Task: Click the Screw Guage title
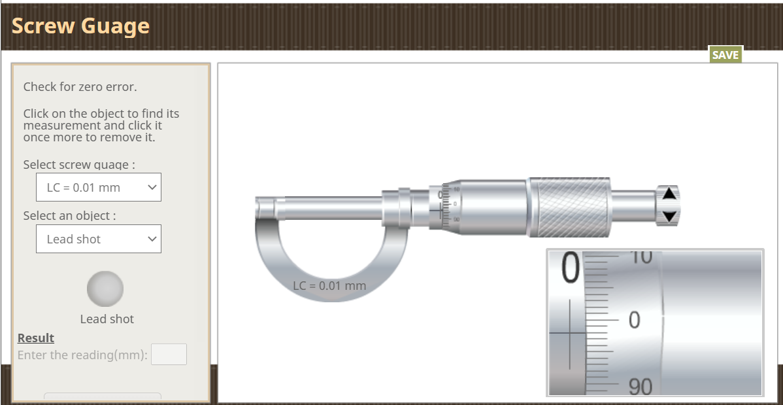[x=80, y=26]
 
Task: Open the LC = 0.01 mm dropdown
[x=99, y=187]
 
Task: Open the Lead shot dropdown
[x=99, y=239]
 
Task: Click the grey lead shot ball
[x=105, y=289]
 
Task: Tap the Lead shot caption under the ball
[x=107, y=319]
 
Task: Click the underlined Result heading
[x=36, y=338]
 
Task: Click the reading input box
[x=169, y=355]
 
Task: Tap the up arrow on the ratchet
[x=669, y=194]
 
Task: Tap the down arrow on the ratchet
[x=669, y=216]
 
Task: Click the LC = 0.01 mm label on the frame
[x=329, y=286]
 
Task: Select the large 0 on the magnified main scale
[x=570, y=269]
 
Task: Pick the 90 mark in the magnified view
[x=640, y=387]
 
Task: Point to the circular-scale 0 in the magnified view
[x=634, y=320]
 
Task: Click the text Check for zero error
[x=80, y=87]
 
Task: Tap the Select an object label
[x=69, y=216]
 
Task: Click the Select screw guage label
[x=79, y=165]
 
